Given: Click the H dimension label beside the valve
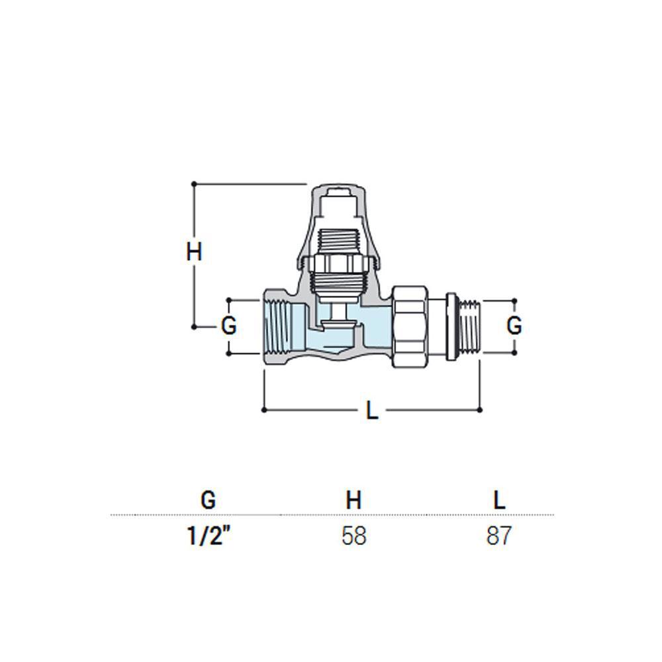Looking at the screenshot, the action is pyautogui.click(x=194, y=252).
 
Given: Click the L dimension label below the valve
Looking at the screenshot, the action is pyautogui.click(x=372, y=410).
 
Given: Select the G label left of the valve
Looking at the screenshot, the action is pyautogui.click(x=229, y=326).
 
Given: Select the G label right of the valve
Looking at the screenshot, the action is pyautogui.click(x=514, y=326).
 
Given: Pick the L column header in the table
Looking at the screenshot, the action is pyautogui.click(x=499, y=500).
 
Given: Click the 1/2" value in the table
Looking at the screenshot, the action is pyautogui.click(x=209, y=536).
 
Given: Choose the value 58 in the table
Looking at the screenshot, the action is pyautogui.click(x=354, y=536).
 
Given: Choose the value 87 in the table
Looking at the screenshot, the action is pyautogui.click(x=499, y=536).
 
